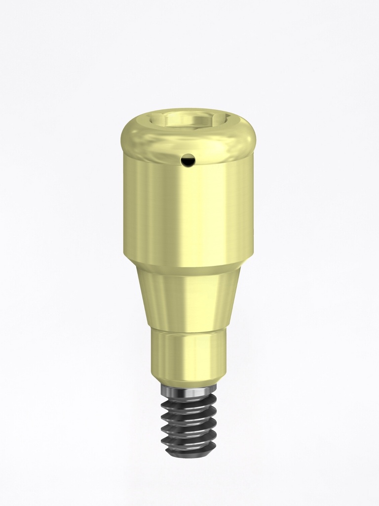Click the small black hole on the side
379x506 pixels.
pos(188,160)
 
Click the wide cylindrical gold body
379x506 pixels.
pos(188,208)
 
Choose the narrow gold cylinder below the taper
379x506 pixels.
pos(188,353)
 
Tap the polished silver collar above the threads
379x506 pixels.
pos(188,392)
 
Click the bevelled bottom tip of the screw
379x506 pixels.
pos(188,453)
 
